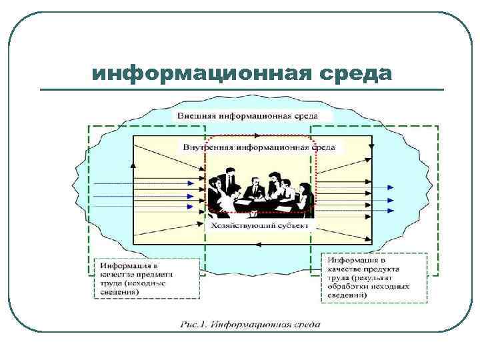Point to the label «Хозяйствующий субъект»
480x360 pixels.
[x=260, y=227]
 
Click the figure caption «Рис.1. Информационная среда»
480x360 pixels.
[x=249, y=325]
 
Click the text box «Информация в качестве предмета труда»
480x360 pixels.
[x=146, y=279]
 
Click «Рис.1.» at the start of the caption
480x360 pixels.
[x=193, y=325]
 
